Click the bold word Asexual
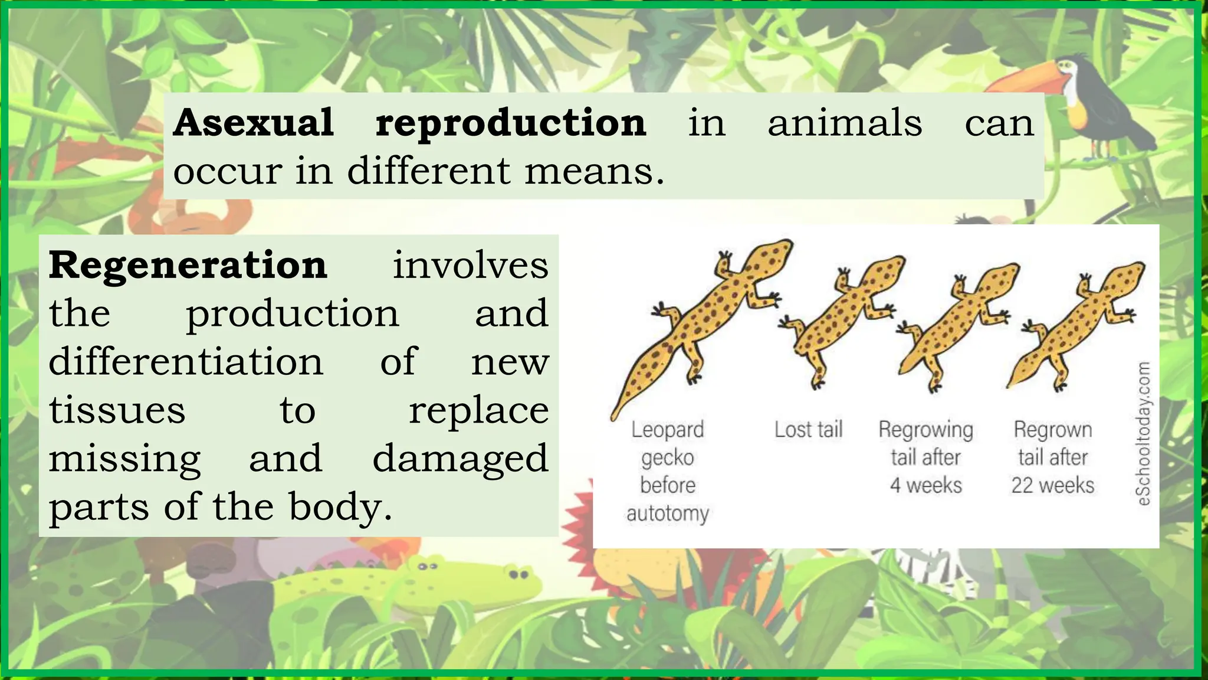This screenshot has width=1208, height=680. [254, 123]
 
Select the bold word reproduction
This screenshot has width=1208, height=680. [511, 124]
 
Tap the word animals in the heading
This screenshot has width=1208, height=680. [845, 123]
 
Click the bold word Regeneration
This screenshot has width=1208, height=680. [188, 265]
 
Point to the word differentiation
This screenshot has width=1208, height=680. [186, 361]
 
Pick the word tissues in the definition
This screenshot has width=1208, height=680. [117, 410]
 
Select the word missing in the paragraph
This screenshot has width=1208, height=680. [124, 459]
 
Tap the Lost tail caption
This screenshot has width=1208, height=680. [808, 429]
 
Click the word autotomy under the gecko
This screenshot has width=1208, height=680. [668, 513]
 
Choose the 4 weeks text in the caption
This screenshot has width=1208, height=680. [925, 485]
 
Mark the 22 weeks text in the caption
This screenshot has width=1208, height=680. [1053, 485]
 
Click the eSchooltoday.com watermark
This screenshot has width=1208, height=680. [1143, 434]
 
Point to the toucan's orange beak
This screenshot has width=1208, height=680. [1029, 80]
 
